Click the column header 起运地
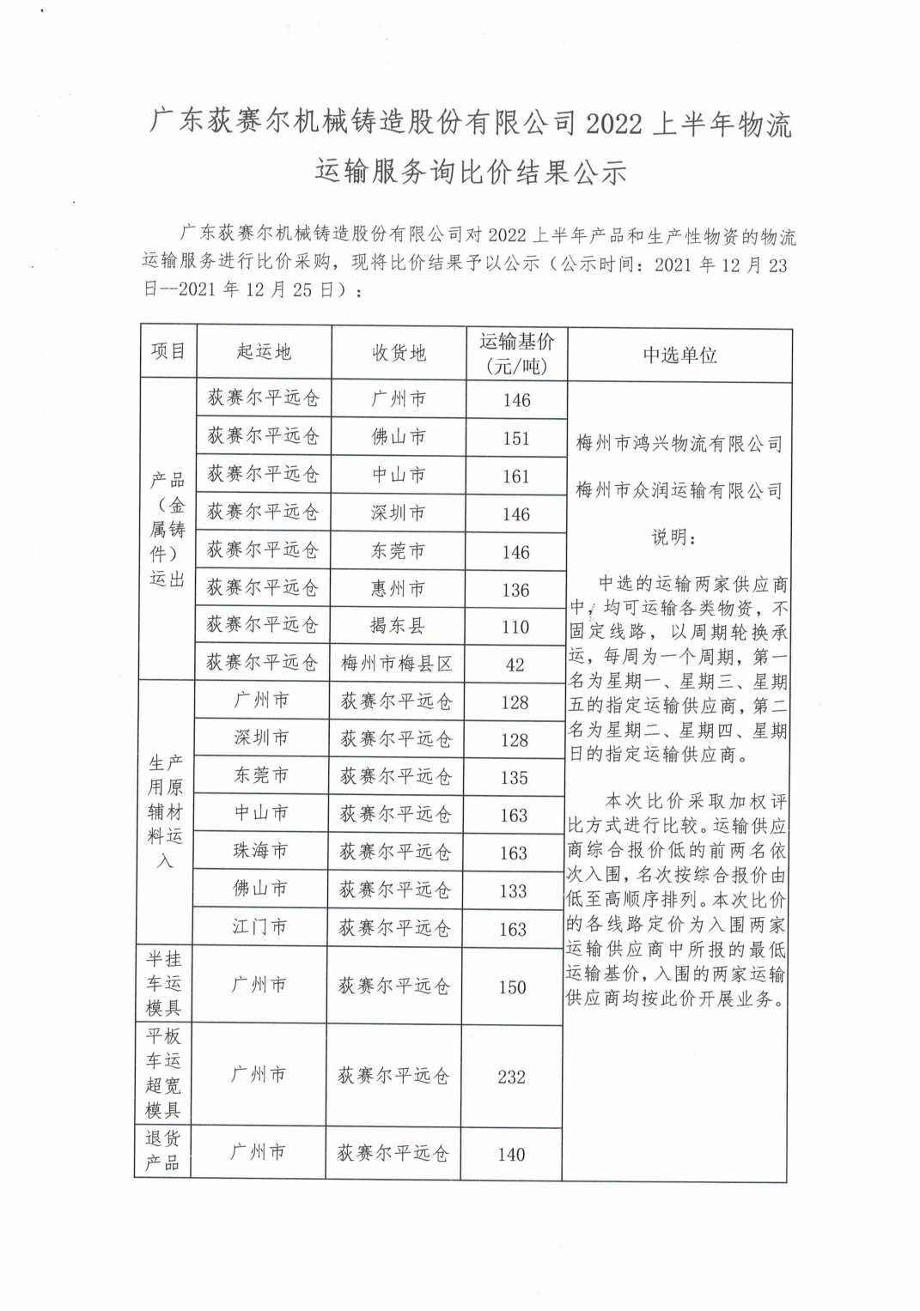click(264, 352)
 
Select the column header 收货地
click(399, 353)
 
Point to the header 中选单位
click(679, 355)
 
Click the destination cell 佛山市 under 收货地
click(399, 437)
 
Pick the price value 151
click(516, 438)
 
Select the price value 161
click(516, 476)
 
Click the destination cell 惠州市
click(398, 589)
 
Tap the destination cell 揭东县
click(397, 626)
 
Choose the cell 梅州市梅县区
click(397, 664)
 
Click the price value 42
click(515, 665)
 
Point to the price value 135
click(514, 778)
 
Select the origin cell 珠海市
click(260, 851)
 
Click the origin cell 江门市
click(259, 927)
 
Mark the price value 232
click(511, 1077)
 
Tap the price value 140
click(511, 1155)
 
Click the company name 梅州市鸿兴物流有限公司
click(679, 445)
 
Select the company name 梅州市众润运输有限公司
click(679, 491)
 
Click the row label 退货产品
click(162, 1151)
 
